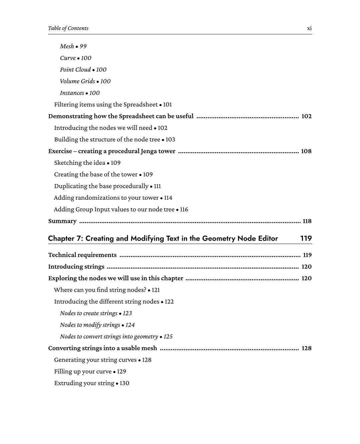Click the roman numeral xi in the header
pos(309,28)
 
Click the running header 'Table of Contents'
pos(68,28)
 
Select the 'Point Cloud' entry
pos(75,70)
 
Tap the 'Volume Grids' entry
pos(77,81)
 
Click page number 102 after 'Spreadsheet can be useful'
pos(306,116)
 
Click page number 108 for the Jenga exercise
pos(306,151)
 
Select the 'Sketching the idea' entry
pos(80,163)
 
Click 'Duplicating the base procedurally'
pos(101,186)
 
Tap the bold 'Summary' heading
pos(62,221)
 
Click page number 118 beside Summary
pos(307,221)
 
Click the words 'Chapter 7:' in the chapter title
pos(66,239)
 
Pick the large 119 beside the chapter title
pos(306,239)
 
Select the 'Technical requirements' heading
pos(82,255)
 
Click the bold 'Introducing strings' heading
pos(76,267)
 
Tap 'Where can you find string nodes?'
pos(100,290)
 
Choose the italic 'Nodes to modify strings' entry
pos(90,325)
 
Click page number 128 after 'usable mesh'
pos(306,348)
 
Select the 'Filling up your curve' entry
pos(83,372)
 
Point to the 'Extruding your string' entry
pos(84,383)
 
